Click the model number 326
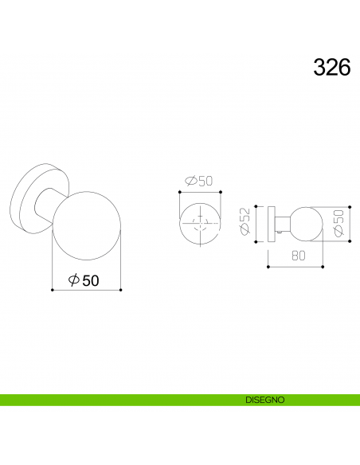332,67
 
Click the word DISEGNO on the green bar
265,400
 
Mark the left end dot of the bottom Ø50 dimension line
52,290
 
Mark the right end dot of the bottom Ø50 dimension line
120,290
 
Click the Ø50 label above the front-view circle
199,182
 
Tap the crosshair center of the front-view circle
199,223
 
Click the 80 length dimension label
298,256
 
